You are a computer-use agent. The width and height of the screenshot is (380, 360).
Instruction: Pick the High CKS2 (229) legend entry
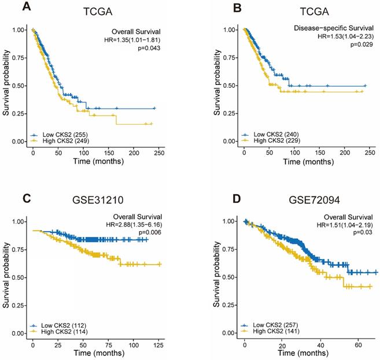point(274,140)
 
